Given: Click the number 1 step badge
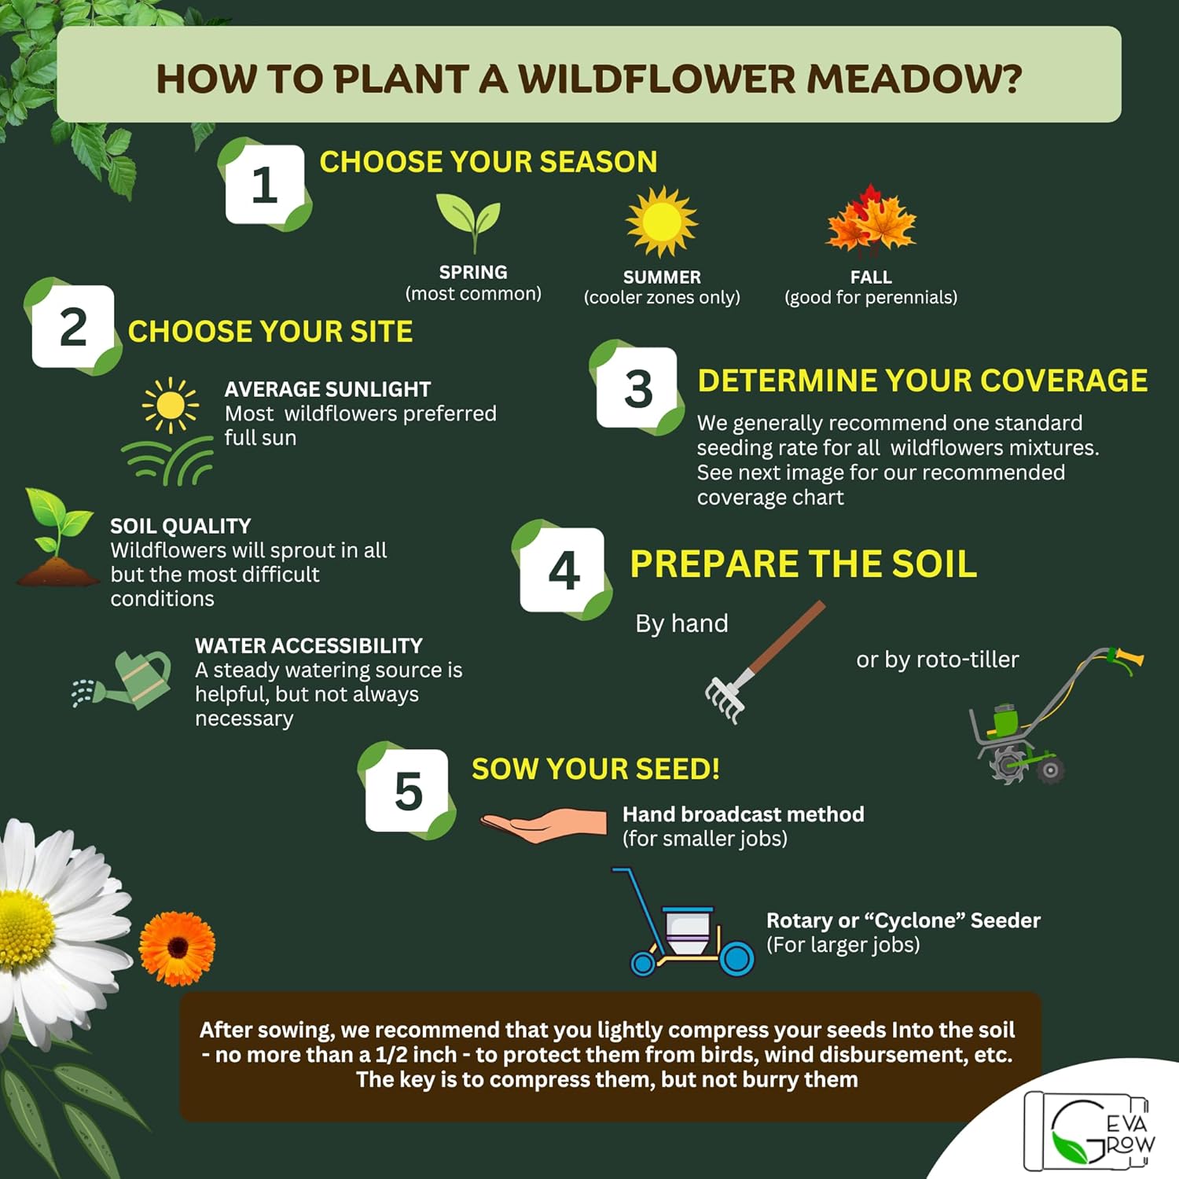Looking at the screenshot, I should click(264, 185).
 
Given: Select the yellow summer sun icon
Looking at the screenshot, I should click(661, 222).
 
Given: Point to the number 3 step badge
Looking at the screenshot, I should click(637, 388).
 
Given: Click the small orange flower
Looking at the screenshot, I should click(177, 948).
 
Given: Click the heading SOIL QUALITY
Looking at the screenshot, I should click(180, 526).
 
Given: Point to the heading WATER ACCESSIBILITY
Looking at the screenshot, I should click(308, 646).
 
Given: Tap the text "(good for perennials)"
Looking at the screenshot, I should click(870, 298).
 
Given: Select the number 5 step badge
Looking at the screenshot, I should click(408, 791).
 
